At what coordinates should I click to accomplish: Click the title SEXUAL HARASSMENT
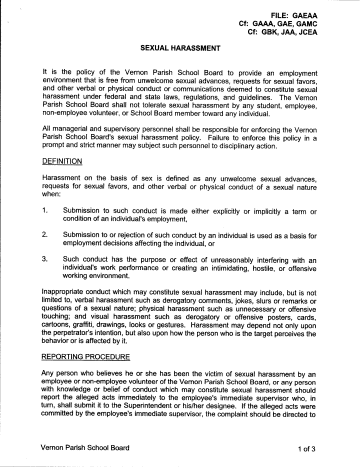[x=180, y=48]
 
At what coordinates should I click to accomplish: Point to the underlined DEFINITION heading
[x=62, y=161]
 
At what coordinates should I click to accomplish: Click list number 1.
[x=45, y=211]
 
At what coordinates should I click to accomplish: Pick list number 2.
[x=45, y=234]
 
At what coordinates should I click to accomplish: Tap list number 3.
[x=45, y=259]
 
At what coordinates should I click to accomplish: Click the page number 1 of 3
[x=306, y=448]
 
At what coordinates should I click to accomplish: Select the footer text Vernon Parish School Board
[x=86, y=448]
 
